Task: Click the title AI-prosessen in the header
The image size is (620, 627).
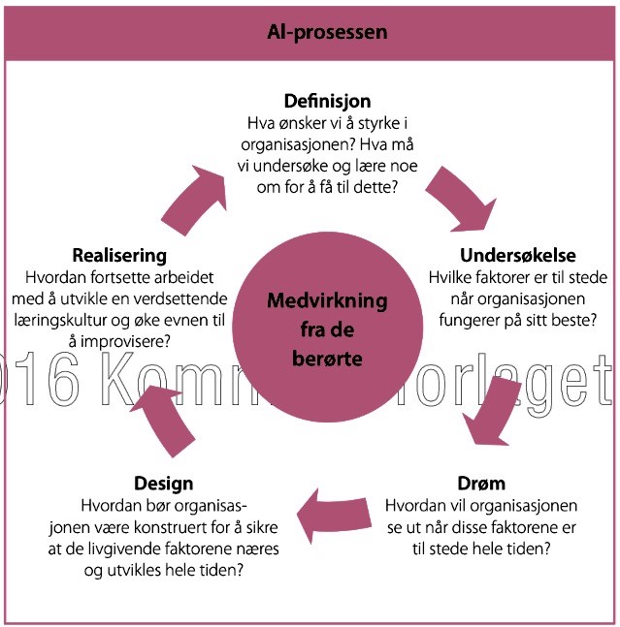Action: [x=327, y=32]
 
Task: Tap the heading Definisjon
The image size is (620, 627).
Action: [x=327, y=101]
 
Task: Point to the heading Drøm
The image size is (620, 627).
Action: [x=481, y=484]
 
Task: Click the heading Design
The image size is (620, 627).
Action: [x=164, y=484]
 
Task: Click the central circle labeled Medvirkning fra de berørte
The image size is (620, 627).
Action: [x=327, y=329]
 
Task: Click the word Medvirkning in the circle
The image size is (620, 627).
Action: [x=327, y=301]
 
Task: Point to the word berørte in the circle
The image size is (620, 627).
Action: [x=327, y=360]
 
